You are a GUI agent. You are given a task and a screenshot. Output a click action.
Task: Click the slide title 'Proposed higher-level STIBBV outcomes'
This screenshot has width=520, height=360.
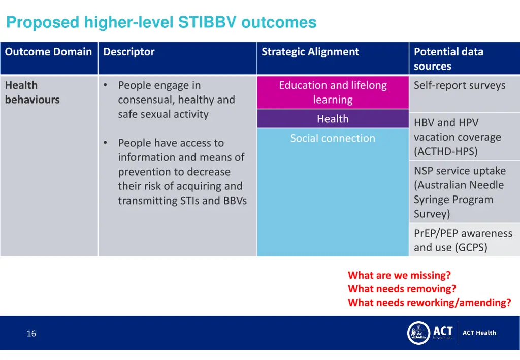[x=161, y=22]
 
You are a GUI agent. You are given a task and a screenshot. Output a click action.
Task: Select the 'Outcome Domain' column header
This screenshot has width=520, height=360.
[x=48, y=52]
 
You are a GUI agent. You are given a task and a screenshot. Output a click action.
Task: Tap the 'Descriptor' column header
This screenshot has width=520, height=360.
[x=129, y=52]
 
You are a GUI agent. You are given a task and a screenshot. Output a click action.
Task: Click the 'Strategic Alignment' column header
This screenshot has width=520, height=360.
[x=310, y=52]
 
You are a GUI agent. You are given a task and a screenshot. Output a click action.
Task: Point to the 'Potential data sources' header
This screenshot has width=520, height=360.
[x=448, y=58]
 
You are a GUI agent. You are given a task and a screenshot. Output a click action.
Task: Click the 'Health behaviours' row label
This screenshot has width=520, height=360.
[x=32, y=92]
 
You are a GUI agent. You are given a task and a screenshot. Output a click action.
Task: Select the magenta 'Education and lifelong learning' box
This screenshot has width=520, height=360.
[x=333, y=92]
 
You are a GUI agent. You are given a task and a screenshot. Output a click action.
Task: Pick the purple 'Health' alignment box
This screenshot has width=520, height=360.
[x=333, y=119]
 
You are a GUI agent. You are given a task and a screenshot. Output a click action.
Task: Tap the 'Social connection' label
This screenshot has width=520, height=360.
[x=333, y=138]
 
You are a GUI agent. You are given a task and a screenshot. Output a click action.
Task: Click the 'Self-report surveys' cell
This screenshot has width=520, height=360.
[x=460, y=85]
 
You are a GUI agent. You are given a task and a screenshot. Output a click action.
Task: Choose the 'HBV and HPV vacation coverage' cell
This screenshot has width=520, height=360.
[x=458, y=137]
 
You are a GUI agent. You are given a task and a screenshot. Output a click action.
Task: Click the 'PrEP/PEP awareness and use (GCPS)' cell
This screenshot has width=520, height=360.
[x=463, y=240]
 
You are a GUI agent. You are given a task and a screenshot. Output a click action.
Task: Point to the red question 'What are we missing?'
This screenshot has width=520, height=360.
[x=399, y=275]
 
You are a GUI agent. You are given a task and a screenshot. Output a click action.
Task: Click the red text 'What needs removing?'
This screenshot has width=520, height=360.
[x=402, y=289]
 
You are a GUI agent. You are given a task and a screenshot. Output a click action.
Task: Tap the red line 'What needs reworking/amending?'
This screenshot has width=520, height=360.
[x=429, y=303]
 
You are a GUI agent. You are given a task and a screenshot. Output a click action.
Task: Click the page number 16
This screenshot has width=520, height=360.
[x=31, y=334]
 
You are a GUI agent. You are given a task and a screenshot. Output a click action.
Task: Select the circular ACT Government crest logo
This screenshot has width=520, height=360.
[x=419, y=333]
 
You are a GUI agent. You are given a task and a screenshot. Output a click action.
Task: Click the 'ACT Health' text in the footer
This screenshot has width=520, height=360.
[x=479, y=333]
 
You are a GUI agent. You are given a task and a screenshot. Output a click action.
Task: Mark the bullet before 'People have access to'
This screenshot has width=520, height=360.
[x=105, y=143]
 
